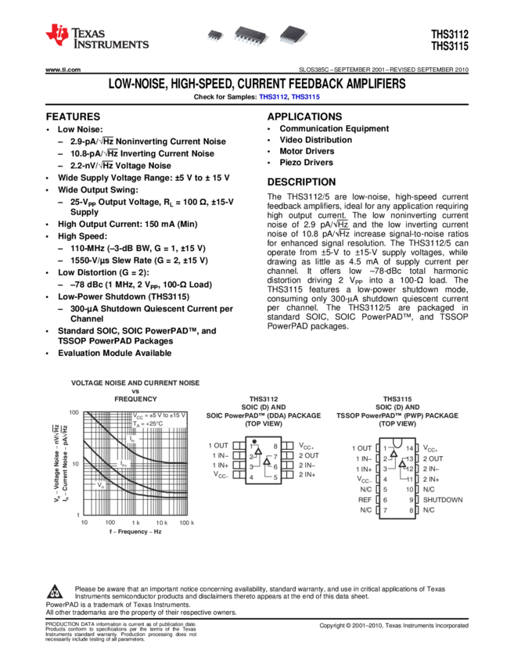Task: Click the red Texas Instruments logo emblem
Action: coord(56,34)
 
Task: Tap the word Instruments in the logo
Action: coord(110,45)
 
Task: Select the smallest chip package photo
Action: coord(215,35)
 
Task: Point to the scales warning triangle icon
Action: coord(55,594)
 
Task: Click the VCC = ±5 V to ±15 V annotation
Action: coord(158,415)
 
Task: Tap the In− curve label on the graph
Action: coord(133,440)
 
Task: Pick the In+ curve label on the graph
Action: coord(124,464)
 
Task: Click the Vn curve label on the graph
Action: coord(101,485)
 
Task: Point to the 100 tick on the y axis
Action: coord(74,412)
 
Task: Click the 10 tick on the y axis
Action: coord(75,463)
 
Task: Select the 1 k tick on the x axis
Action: coord(135,522)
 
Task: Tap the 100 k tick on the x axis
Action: coord(186,522)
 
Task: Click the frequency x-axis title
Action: coord(135,532)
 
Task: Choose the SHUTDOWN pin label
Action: coord(443,499)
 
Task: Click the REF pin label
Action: coord(365,499)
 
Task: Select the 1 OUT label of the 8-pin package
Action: coord(218,445)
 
